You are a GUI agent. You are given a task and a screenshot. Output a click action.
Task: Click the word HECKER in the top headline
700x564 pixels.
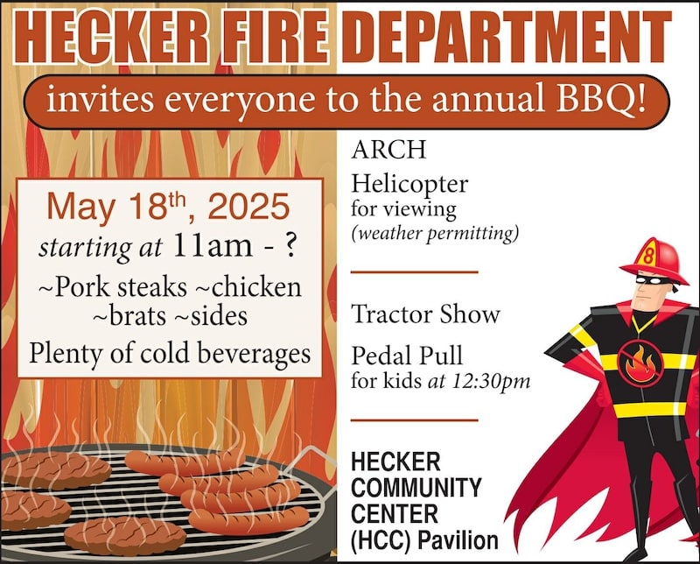(x=111, y=36)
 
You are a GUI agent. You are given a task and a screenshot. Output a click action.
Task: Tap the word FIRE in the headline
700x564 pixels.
(x=276, y=36)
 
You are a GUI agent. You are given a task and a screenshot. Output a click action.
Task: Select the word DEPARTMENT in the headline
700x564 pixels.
(x=507, y=36)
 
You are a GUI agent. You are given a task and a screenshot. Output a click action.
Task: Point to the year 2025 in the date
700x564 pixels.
(x=249, y=207)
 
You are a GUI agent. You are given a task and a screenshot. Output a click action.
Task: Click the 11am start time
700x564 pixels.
(x=213, y=246)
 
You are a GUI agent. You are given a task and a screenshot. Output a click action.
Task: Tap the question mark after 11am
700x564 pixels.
(x=290, y=246)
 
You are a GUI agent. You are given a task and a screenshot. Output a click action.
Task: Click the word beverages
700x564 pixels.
(x=254, y=354)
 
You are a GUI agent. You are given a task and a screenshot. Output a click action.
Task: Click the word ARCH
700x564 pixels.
(x=388, y=150)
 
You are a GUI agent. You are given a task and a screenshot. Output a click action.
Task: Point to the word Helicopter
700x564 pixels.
(x=409, y=184)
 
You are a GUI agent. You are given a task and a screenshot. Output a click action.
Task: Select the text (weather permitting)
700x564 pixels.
(x=435, y=233)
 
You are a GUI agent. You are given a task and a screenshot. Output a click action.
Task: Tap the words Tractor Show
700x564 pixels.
(x=425, y=314)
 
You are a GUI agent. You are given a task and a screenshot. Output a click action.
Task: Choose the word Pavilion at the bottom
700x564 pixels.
(x=458, y=540)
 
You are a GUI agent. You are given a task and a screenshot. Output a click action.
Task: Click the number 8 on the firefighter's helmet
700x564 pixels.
(x=648, y=257)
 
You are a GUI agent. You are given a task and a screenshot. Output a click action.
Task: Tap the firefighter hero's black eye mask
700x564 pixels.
(x=653, y=280)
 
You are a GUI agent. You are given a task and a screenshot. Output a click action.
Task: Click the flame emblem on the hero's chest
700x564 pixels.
(x=640, y=363)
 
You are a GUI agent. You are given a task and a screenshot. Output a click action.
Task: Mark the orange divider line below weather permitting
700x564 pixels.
(x=414, y=271)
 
